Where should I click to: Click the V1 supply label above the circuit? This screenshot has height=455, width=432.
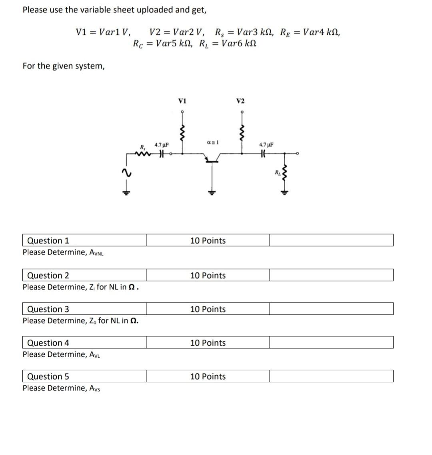(x=182, y=100)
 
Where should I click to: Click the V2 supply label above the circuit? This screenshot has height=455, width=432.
(x=240, y=101)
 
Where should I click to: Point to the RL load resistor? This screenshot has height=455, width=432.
(x=284, y=173)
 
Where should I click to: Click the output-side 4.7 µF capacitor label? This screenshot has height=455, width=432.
(x=266, y=145)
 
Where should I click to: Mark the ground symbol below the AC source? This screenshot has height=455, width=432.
(x=126, y=192)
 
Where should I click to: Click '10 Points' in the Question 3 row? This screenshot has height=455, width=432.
(x=208, y=309)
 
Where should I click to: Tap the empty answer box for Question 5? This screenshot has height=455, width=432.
(x=331, y=376)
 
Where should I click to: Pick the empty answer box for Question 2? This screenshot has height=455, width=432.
(x=331, y=275)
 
